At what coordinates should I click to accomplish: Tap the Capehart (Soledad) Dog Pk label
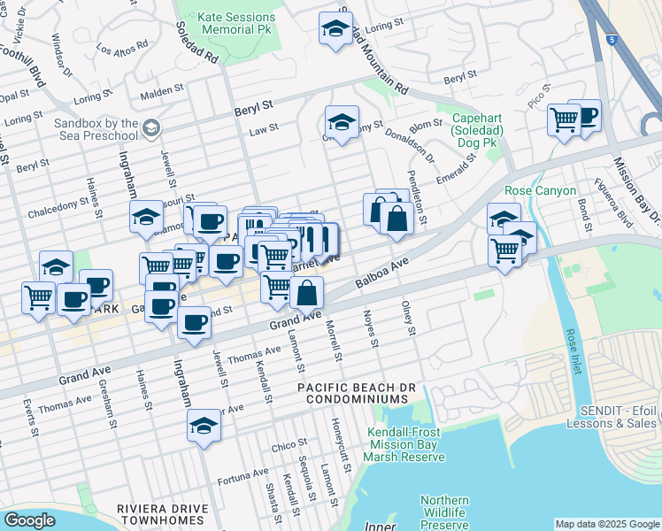pos(476,130)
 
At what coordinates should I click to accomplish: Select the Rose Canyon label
pos(540,190)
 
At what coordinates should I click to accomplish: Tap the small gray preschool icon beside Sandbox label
pos(151,129)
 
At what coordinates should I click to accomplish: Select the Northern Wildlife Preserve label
pos(444,512)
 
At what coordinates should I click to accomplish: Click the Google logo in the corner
pos(29,520)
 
